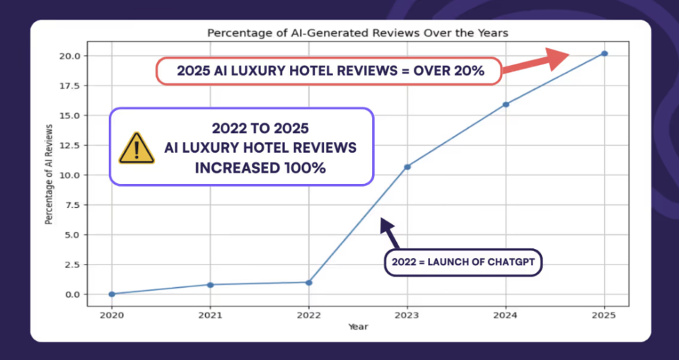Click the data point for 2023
(x=407, y=167)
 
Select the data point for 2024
(x=506, y=105)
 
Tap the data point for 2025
(x=604, y=54)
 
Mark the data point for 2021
(x=210, y=284)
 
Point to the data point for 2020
(x=112, y=294)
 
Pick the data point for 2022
(x=308, y=282)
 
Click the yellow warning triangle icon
(x=137, y=148)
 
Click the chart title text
(x=357, y=33)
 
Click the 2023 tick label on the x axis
(x=407, y=315)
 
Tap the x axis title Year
(x=357, y=327)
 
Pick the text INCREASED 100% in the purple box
(x=260, y=170)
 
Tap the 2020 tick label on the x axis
(x=112, y=315)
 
